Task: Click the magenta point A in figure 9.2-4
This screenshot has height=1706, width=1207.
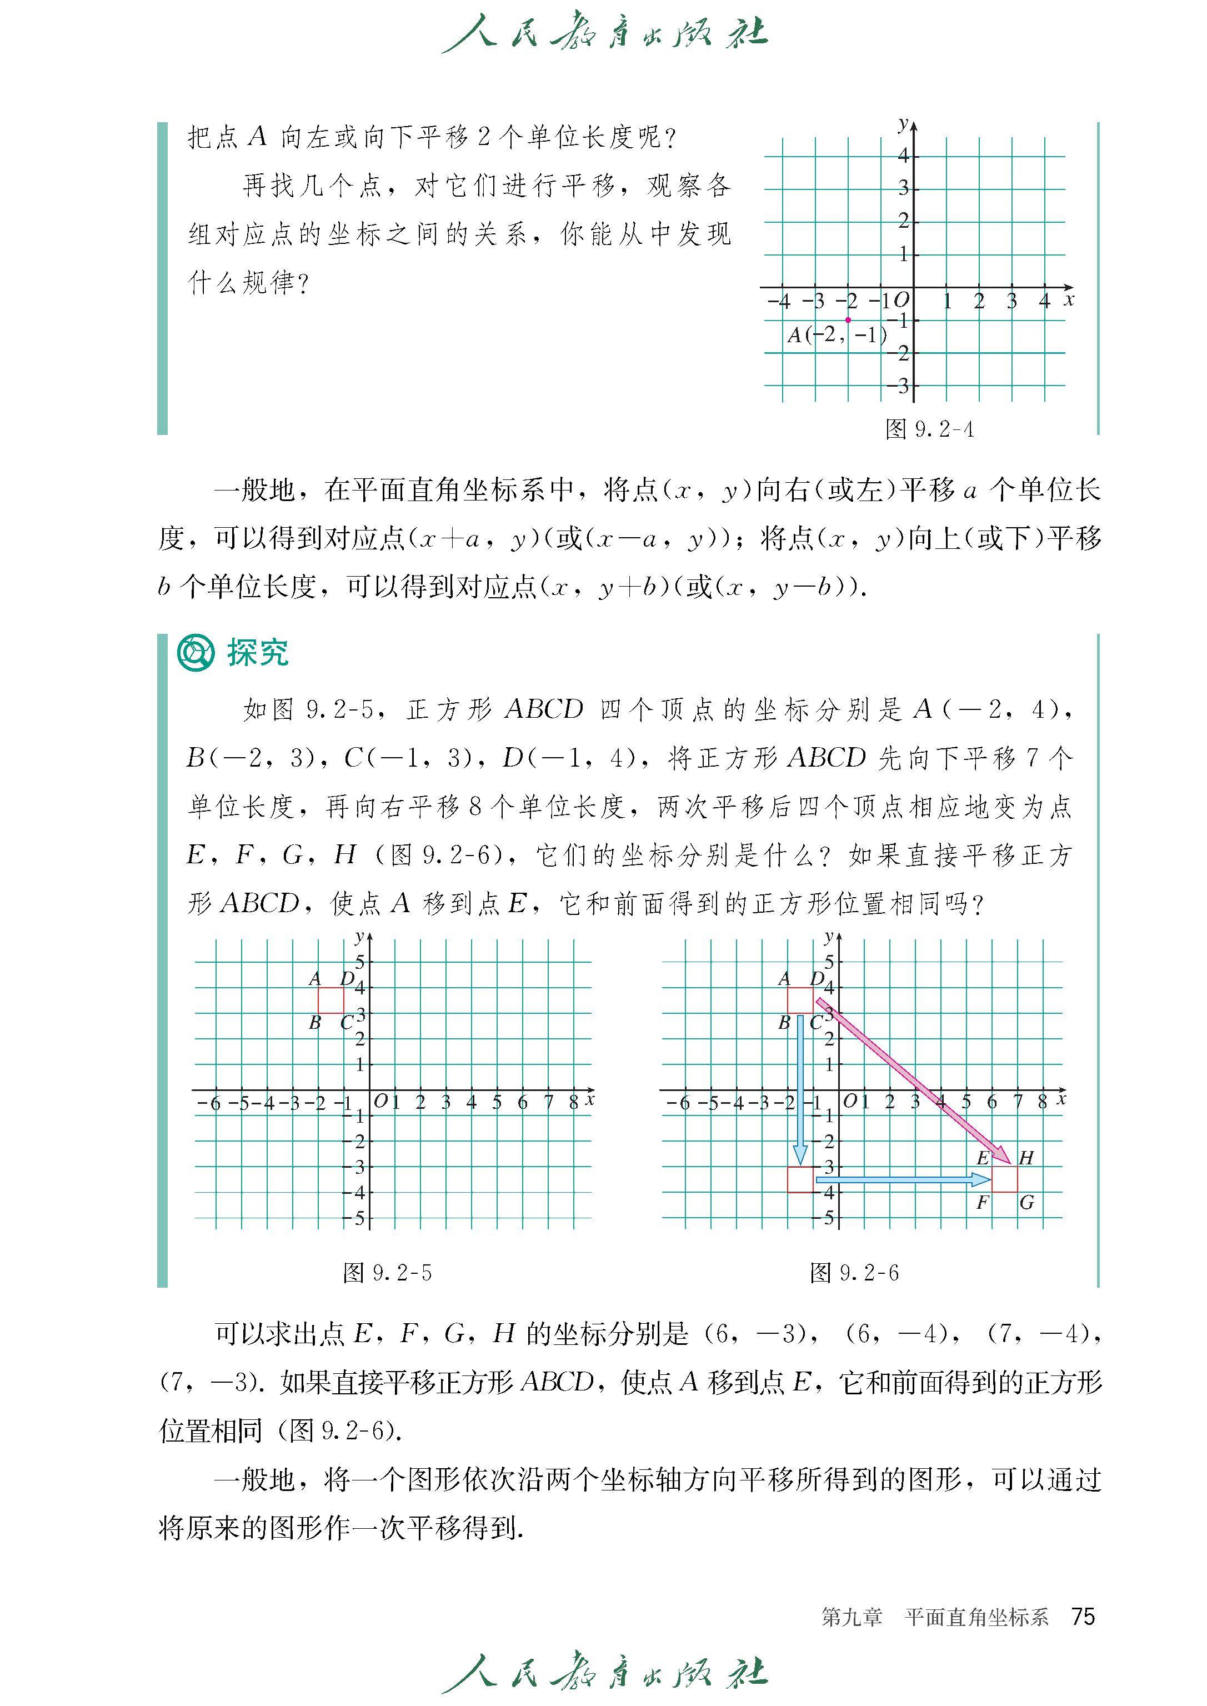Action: [x=848, y=319]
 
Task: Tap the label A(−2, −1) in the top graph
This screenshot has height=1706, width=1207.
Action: [x=837, y=335]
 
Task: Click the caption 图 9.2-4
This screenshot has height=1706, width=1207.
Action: [x=929, y=429]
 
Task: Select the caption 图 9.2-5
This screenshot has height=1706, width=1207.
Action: [x=387, y=1273]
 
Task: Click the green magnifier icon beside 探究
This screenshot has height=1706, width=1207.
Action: [x=195, y=653]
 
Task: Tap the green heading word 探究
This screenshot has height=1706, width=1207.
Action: [x=257, y=653]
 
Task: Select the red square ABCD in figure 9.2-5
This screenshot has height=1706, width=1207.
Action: [x=330, y=1000]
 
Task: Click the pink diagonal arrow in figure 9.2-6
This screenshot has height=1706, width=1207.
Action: [x=919, y=1087]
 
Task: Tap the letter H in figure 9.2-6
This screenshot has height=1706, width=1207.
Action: [x=1026, y=1157]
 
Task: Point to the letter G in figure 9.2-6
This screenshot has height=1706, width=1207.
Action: [x=1026, y=1202]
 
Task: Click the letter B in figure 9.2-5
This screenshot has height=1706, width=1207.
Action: [x=314, y=1023]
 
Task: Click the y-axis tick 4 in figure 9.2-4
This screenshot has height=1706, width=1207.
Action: [x=903, y=156]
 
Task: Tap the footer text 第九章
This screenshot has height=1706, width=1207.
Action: [x=852, y=1617]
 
